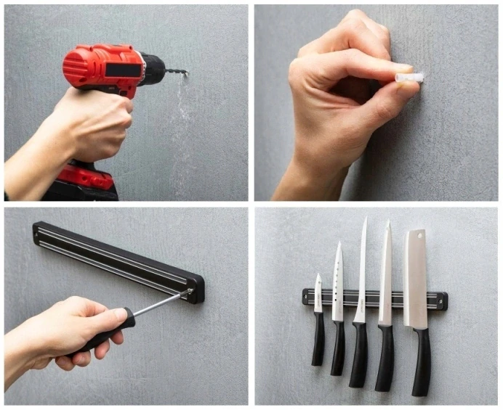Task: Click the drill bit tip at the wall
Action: [185, 73]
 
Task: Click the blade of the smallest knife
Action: [318, 294]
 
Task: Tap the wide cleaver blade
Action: [416, 279]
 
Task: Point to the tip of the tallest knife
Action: [366, 219]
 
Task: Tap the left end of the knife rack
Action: [307, 296]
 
